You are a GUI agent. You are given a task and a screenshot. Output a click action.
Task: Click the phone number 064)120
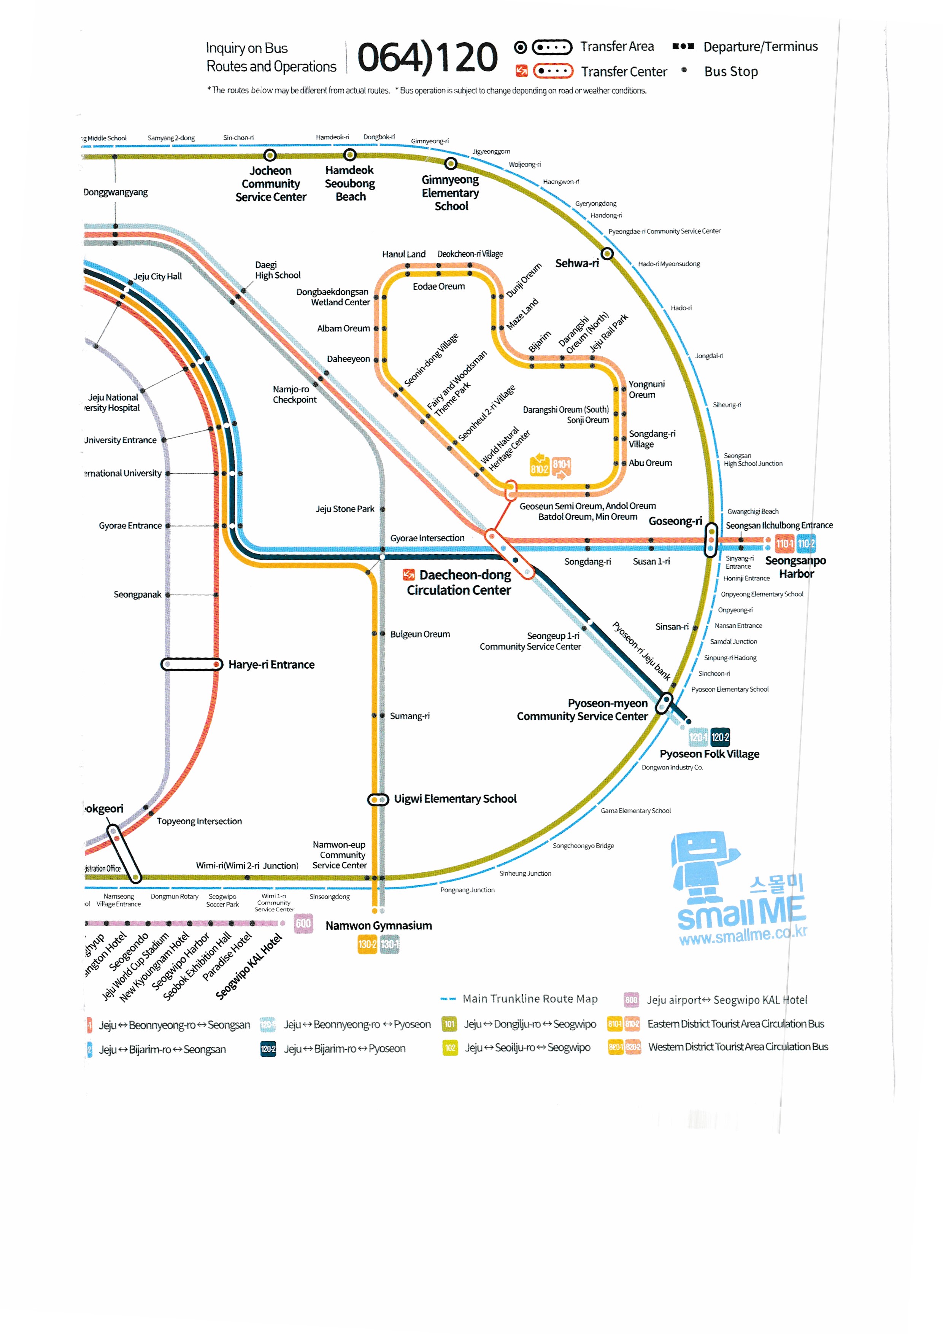tap(427, 57)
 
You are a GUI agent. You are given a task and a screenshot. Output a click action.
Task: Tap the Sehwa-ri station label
tap(576, 263)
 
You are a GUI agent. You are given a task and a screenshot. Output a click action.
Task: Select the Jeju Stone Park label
tap(345, 509)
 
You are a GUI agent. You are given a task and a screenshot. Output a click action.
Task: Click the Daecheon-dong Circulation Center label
tap(459, 582)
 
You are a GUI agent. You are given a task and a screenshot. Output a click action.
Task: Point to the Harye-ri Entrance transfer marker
tap(192, 664)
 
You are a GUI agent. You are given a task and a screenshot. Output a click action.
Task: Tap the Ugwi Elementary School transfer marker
tap(378, 800)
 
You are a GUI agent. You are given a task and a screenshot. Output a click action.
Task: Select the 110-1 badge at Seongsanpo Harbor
tap(784, 544)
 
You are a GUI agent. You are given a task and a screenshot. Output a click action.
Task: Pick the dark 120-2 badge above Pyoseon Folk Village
tap(720, 737)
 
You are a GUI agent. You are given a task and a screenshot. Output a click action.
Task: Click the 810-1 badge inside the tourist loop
tap(561, 465)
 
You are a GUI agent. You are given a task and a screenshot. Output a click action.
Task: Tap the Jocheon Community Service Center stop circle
tap(270, 155)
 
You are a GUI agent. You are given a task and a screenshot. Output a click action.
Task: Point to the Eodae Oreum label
tap(438, 286)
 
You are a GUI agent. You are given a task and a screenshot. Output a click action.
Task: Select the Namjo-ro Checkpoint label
tap(294, 394)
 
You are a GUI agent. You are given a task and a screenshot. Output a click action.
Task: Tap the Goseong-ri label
tap(675, 521)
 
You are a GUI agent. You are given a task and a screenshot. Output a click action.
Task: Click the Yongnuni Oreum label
tap(646, 389)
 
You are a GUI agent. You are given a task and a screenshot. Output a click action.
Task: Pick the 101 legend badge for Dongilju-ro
tap(449, 1024)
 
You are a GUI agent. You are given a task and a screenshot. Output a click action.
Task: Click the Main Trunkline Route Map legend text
tap(530, 999)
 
